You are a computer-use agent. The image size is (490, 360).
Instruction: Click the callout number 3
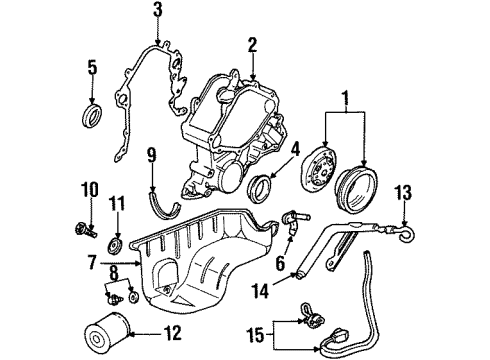click(158, 11)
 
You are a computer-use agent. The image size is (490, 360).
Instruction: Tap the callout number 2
click(252, 46)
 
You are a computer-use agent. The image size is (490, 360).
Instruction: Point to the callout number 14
click(260, 290)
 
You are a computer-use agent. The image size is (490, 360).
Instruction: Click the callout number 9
click(152, 157)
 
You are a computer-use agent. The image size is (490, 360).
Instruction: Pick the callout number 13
click(404, 193)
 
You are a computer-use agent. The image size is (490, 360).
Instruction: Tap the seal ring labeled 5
click(93, 116)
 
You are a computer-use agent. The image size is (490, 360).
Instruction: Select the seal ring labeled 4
click(260, 189)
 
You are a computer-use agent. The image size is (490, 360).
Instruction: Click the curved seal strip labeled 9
click(164, 206)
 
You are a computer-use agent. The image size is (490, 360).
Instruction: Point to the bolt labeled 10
click(86, 230)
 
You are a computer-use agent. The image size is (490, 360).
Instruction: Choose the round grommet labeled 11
click(117, 247)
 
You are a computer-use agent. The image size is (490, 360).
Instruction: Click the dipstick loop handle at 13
click(407, 233)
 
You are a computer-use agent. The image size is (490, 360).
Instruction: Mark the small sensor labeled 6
click(293, 221)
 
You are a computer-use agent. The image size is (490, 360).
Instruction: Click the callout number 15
click(256, 335)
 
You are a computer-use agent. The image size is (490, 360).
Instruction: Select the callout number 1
click(346, 97)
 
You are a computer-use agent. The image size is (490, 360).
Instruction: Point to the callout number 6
click(280, 264)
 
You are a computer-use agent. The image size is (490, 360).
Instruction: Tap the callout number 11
click(117, 205)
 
